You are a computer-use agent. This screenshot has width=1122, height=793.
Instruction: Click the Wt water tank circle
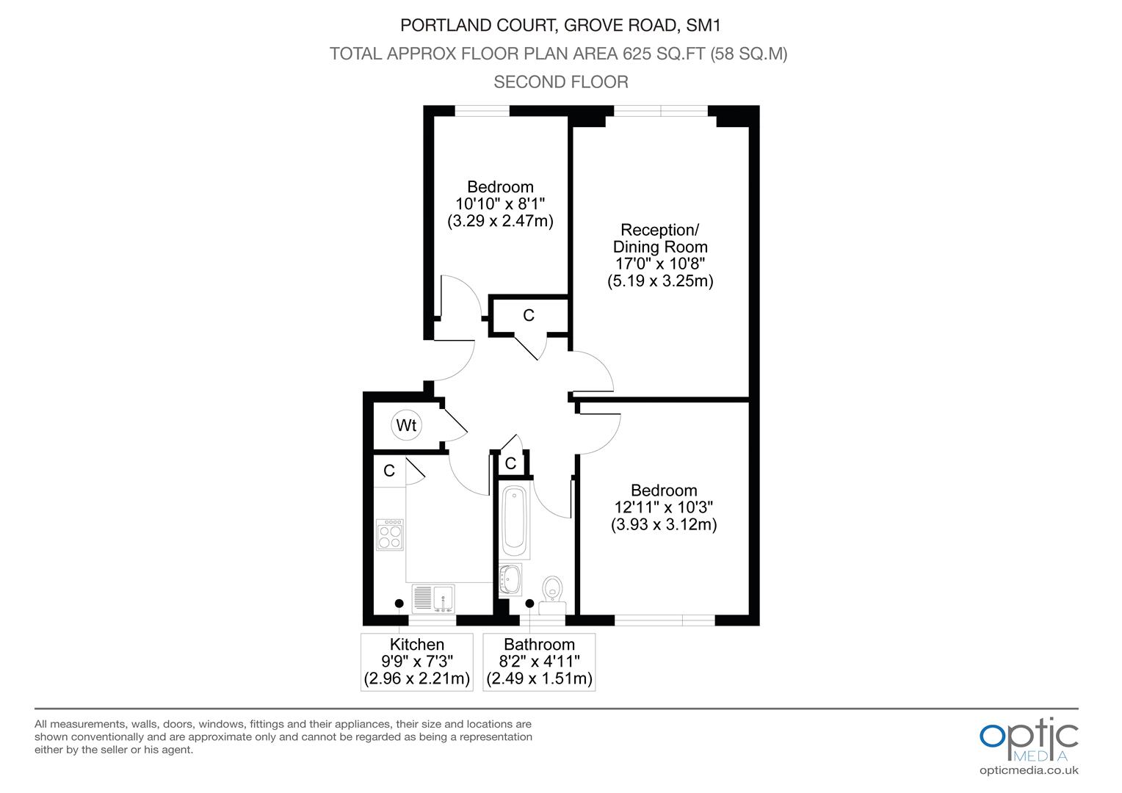[x=406, y=425]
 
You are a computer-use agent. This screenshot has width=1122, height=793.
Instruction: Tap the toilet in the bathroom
[x=552, y=595]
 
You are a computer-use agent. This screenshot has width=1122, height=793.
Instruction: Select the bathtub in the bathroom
[x=515, y=522]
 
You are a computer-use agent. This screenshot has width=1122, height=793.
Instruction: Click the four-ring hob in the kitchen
[x=390, y=535]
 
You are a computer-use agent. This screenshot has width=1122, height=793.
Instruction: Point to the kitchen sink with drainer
[x=433, y=598]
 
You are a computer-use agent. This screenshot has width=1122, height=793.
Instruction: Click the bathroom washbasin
[x=510, y=579]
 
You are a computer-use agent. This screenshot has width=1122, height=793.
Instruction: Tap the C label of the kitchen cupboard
[x=389, y=471]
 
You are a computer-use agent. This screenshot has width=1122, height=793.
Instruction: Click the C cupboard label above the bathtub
[x=510, y=463]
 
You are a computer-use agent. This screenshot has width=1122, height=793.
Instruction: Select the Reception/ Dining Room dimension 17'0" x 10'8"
[x=659, y=264]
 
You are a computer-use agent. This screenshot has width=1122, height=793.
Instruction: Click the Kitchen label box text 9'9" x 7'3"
[x=417, y=662]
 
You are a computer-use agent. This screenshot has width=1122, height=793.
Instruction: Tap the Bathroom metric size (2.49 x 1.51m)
[x=539, y=678]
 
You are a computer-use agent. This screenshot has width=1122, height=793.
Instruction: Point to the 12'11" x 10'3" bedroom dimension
[x=664, y=507]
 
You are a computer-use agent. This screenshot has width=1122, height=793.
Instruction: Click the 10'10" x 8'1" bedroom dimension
[x=500, y=204]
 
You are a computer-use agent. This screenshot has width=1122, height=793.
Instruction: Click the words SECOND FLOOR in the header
[x=561, y=82]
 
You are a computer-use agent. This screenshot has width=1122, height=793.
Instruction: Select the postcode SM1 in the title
[x=703, y=25]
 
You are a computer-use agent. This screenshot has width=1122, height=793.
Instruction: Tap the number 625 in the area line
[x=637, y=54]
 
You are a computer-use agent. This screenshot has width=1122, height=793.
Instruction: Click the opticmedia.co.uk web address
[x=1029, y=771]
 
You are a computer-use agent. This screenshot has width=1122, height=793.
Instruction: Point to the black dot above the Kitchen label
[x=399, y=604]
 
